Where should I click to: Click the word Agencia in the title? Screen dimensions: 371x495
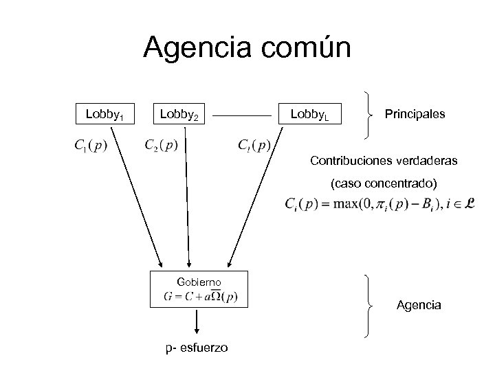195,49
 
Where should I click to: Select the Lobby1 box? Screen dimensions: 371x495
104,113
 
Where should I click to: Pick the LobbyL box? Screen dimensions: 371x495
310,113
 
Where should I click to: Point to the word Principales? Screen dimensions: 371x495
415,113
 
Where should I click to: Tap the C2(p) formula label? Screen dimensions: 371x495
161,146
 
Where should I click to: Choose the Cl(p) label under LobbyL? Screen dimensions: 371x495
254,146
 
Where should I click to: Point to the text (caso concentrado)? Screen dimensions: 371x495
384,184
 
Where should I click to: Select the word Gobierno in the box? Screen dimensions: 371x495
199,282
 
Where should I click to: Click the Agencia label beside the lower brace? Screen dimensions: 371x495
419,304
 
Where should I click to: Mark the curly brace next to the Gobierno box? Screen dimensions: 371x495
371,304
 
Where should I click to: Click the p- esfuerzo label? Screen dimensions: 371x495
197,348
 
